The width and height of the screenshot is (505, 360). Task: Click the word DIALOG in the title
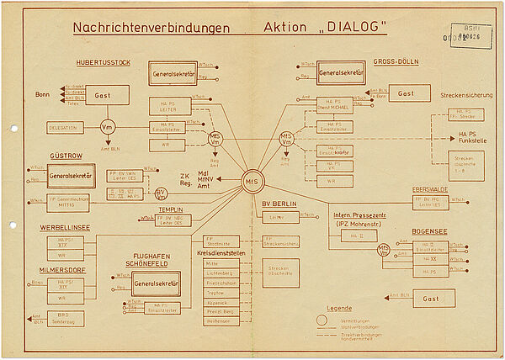tap(347, 28)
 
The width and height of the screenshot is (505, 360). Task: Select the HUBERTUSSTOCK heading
tap(103, 63)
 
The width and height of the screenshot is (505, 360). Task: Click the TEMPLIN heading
tap(171, 208)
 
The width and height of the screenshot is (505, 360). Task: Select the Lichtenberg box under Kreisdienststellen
tap(219, 273)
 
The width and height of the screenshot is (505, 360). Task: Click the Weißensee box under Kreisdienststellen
tap(219, 320)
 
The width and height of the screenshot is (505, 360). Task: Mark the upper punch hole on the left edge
tap(13, 128)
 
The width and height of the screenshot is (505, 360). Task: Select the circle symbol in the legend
tap(321, 320)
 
